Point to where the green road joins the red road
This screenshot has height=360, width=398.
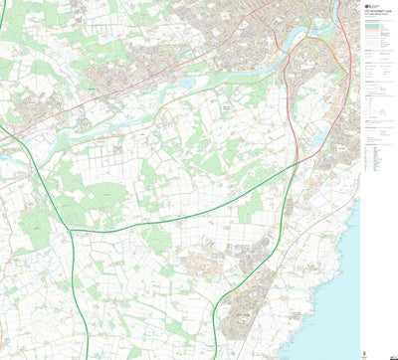[298, 162]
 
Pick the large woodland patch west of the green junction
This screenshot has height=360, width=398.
[36, 224]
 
